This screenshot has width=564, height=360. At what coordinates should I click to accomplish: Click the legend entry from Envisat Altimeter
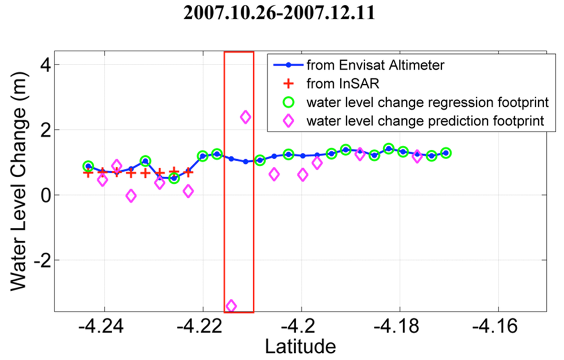click(375, 66)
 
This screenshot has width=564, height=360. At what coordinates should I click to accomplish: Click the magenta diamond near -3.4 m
click(231, 306)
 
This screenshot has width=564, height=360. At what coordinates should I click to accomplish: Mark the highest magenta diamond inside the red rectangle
click(246, 117)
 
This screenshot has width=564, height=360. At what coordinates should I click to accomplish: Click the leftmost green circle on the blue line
click(88, 166)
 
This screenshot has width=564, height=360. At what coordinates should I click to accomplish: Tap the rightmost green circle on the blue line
click(446, 153)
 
